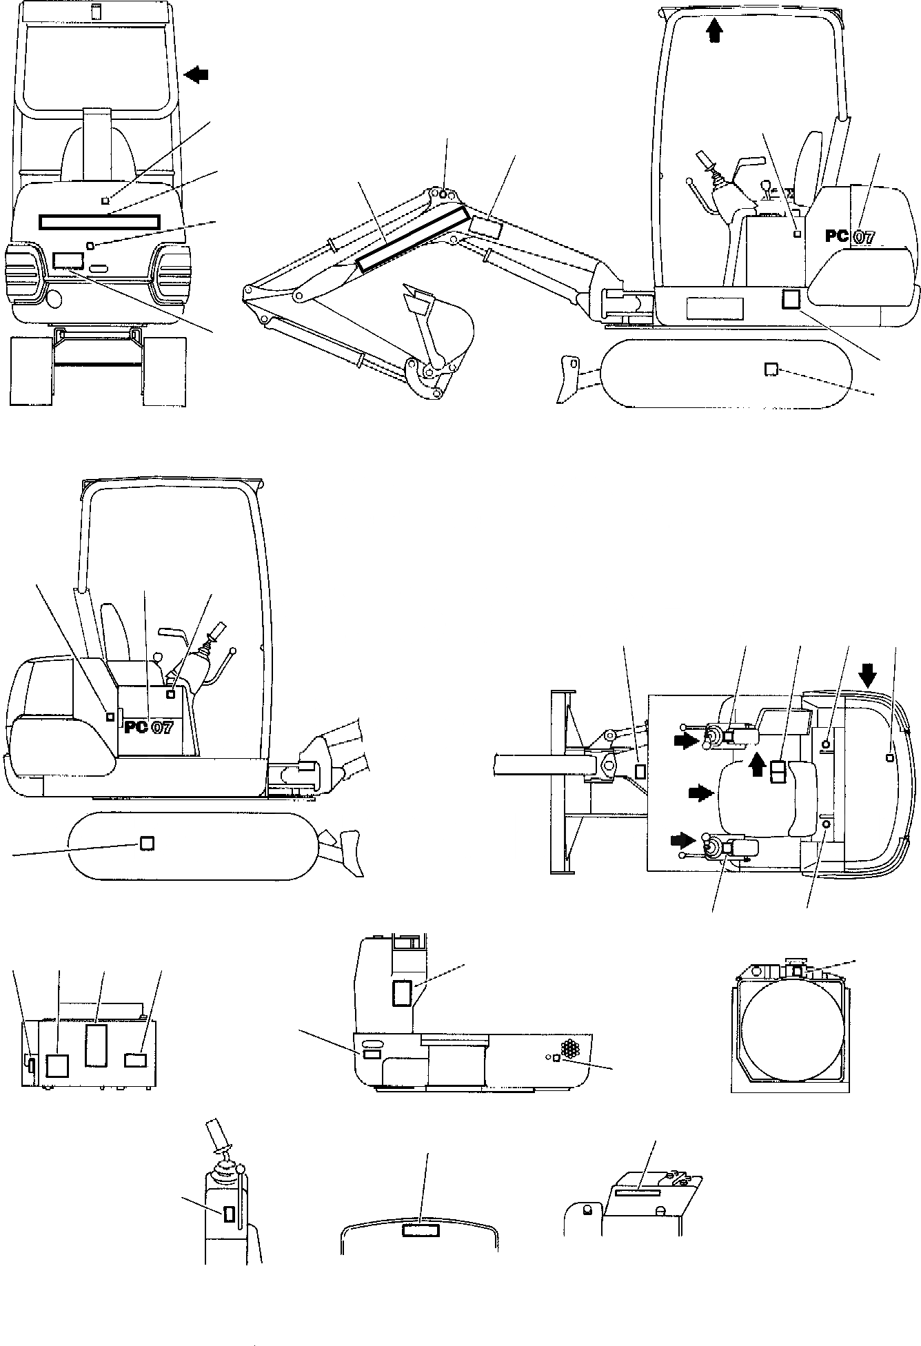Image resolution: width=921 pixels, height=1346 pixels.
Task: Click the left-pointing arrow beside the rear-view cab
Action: click(x=198, y=75)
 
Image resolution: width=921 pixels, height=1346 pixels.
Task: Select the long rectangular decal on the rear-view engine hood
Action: click(x=100, y=221)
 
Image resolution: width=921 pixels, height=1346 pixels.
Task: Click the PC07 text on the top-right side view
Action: click(x=850, y=236)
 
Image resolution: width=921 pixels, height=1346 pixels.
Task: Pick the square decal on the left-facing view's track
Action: click(x=146, y=843)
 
